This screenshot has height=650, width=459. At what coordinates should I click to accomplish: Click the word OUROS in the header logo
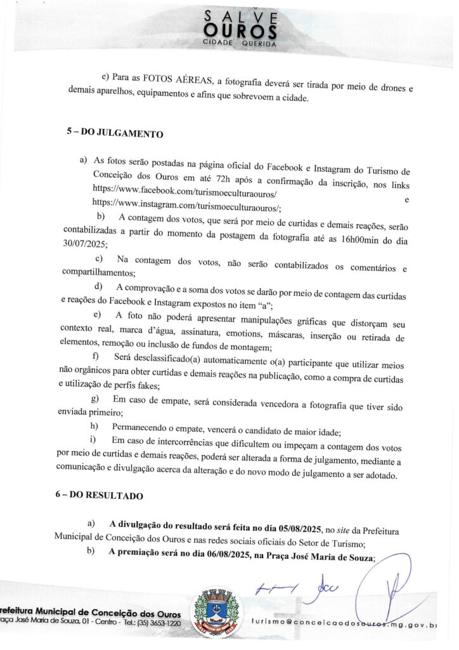(240, 30)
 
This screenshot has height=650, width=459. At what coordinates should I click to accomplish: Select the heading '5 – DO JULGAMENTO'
(114, 135)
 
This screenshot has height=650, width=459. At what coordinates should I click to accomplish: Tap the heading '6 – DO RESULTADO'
(99, 495)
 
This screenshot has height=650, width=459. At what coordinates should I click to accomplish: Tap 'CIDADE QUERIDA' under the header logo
(240, 44)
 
